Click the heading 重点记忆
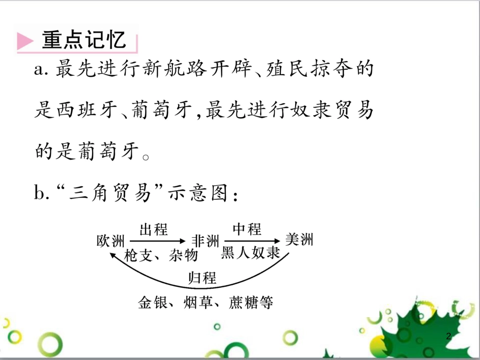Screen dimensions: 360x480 (x=84, y=40)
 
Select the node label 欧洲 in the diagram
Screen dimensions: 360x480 (x=110, y=241)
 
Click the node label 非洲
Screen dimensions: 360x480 (x=206, y=241)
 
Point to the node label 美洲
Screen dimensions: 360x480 (x=299, y=239)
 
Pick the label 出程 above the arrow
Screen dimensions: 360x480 (x=153, y=230)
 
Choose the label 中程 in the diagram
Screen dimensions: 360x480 (x=247, y=229)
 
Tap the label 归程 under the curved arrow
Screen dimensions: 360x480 (x=202, y=278)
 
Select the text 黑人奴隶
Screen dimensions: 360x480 (x=251, y=253)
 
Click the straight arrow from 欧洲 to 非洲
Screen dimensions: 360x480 (x=157, y=241)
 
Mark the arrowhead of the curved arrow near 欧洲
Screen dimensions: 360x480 (x=114, y=255)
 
